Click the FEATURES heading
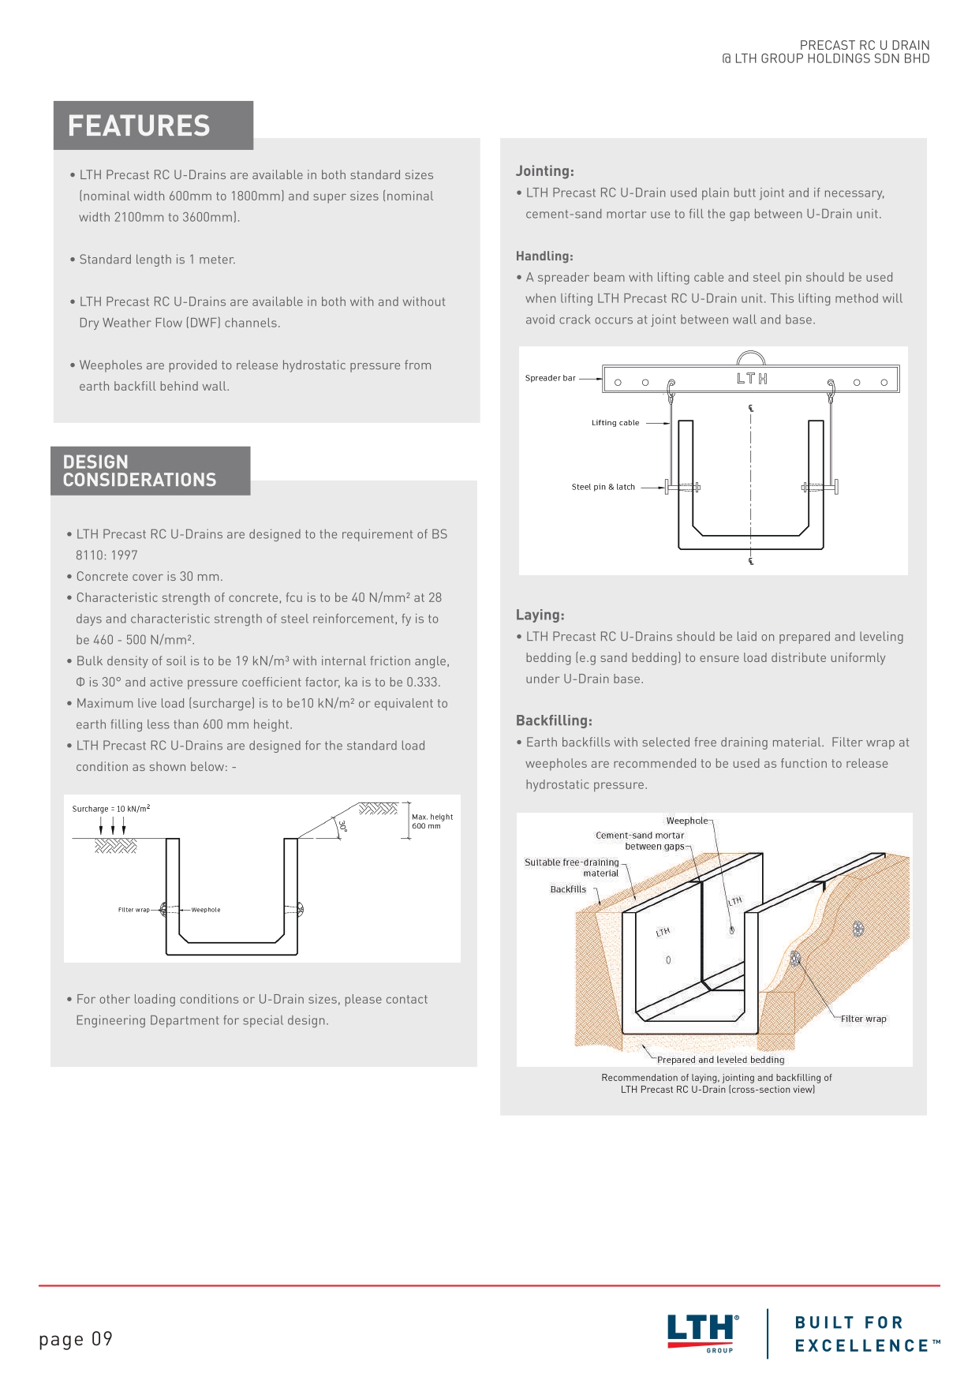[139, 126]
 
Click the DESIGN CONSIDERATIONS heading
[140, 471]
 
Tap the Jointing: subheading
[545, 171]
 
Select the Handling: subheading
[544, 256]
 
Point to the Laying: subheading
[540, 615]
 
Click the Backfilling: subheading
[554, 721]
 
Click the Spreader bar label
[551, 379]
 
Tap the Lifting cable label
[615, 423]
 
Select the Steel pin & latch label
[603, 488]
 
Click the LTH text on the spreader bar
[752, 379]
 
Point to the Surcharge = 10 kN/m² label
[111, 809]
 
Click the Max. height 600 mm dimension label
[432, 821]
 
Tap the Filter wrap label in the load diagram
[134, 910]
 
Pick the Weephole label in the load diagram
[206, 910]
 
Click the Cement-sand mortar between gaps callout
[641, 841]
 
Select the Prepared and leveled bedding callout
[720, 1060]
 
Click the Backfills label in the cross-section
[568, 889]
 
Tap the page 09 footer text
[76, 1339]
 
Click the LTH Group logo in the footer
[703, 1333]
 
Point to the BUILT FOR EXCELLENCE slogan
[866, 1334]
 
